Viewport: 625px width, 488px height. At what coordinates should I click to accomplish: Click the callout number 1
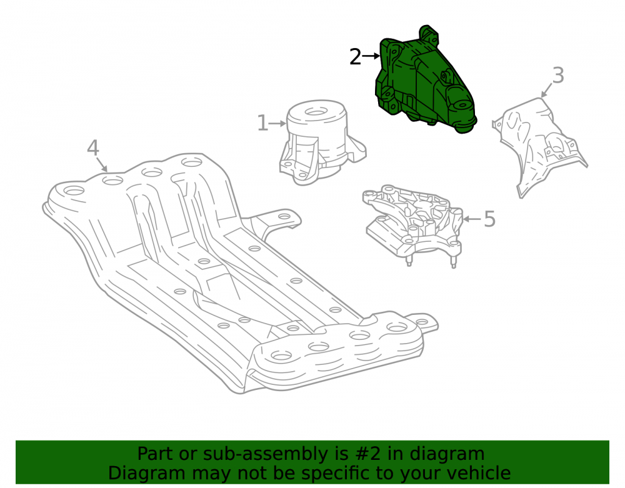pos(262,122)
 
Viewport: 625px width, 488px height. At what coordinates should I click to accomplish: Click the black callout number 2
pos(355,57)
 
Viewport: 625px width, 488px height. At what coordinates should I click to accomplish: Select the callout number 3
pos(558,75)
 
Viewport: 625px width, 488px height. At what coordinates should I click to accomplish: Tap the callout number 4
pos(93,148)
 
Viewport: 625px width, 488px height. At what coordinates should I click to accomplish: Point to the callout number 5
pos(489,219)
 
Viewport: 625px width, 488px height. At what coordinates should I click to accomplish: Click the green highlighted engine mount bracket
pos(424,82)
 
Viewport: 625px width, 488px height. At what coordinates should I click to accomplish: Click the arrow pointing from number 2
pos(371,56)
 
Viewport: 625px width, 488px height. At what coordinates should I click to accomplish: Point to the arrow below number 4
pos(102,164)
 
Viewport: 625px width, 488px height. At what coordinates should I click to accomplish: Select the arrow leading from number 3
pos(546,90)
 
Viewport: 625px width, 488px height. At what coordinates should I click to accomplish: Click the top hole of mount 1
pos(316,111)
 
